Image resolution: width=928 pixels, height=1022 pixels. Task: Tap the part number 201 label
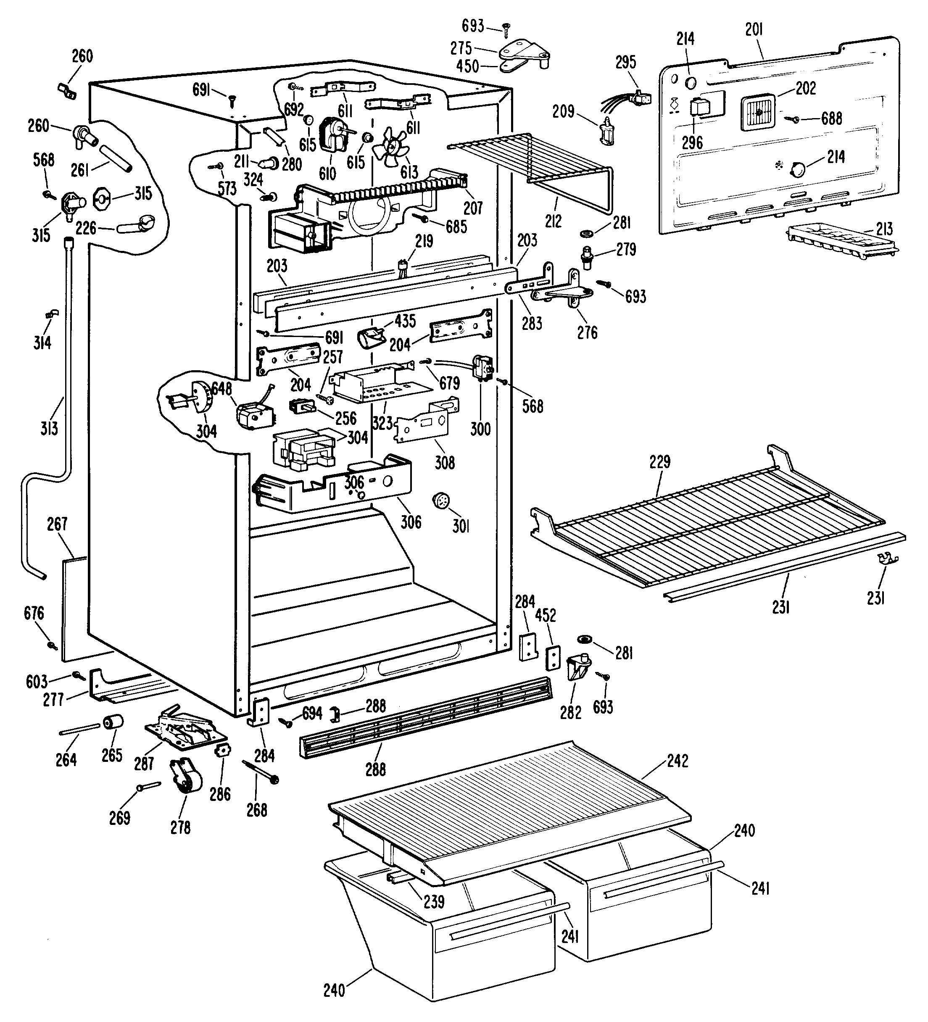[x=754, y=30]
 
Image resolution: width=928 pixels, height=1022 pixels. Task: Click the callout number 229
[x=660, y=462]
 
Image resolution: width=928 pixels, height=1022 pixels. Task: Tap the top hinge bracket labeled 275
[x=525, y=51]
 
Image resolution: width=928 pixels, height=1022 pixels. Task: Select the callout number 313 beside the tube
[x=49, y=428]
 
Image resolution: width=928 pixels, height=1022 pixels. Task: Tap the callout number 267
[x=57, y=524]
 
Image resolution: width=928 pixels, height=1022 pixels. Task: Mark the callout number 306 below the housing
[x=411, y=522]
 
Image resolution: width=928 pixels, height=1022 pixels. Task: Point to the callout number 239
[x=434, y=901]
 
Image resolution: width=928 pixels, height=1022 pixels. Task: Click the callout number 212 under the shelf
[x=553, y=221]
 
